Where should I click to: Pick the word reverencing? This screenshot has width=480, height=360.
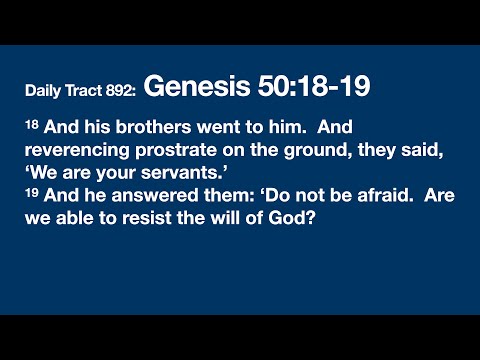[73, 152]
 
